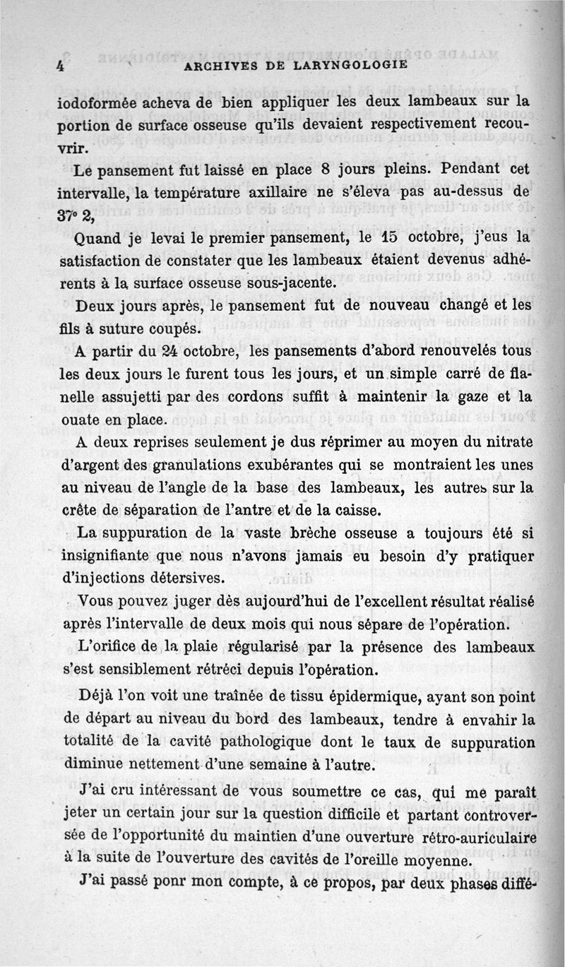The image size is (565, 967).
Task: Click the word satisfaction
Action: tap(107, 260)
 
